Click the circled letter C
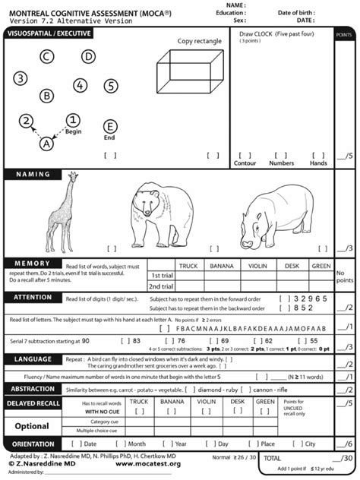coord(47,56)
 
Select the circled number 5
coord(111,85)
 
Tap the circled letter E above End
coord(110,127)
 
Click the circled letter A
coord(47,142)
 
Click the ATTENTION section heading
coord(32,298)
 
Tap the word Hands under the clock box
coord(319,163)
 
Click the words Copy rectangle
coord(200,41)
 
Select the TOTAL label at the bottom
coord(273,458)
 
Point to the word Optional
coord(33,426)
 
